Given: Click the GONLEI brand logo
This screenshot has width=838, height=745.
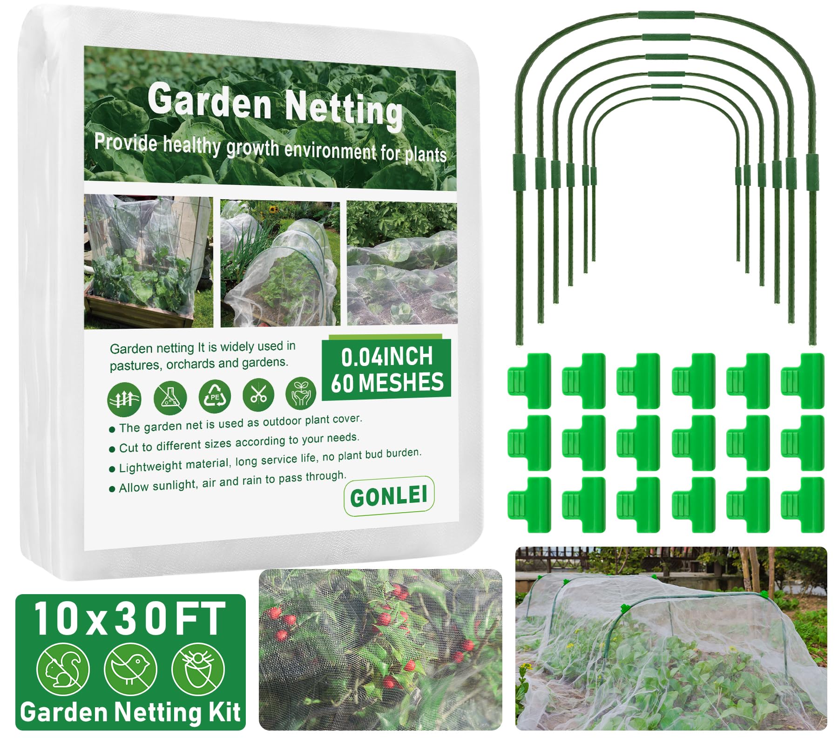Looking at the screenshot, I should coord(389,496).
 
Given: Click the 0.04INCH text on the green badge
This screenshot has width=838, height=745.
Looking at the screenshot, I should coord(386,357).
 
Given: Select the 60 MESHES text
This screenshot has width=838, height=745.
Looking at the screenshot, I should coord(387,383).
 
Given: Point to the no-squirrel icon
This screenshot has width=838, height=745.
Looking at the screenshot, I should coord(63,670).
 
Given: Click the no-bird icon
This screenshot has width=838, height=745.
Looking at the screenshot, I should coord(130,670).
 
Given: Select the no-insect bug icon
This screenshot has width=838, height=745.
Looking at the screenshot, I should coord(198,670).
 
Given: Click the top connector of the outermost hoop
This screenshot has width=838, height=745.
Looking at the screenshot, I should coord(666,15).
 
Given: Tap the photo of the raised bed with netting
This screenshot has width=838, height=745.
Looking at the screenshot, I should coord(148,262).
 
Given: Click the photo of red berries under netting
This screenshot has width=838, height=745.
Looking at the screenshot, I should coord(380,649).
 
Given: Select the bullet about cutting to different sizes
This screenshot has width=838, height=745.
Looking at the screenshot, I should coord(239,443).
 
